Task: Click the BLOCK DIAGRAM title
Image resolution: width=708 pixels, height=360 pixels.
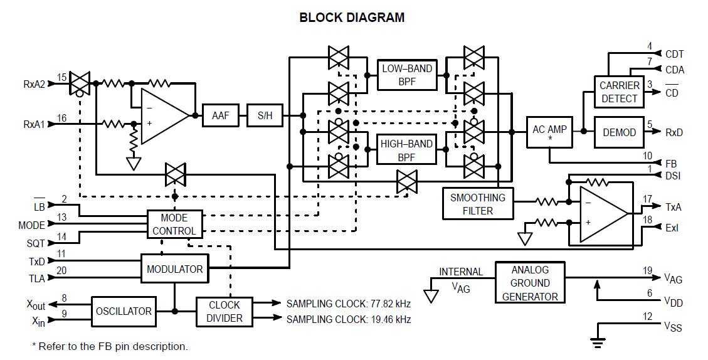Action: (352, 18)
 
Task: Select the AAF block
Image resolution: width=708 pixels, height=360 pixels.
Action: (220, 115)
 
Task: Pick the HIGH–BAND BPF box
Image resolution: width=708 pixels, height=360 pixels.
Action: (407, 151)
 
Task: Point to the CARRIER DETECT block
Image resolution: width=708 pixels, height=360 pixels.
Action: (619, 92)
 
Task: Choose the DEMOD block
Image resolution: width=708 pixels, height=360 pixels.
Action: (619, 132)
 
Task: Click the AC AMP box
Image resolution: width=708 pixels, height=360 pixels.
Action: (549, 132)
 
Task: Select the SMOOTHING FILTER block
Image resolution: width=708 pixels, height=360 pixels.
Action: (478, 204)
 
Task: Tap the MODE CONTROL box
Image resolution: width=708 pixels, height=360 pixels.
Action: (174, 224)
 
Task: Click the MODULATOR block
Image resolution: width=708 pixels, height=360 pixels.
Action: (174, 269)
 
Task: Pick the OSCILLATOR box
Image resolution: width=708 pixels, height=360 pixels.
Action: (124, 311)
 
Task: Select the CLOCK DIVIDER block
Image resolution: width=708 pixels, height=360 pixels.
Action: (224, 311)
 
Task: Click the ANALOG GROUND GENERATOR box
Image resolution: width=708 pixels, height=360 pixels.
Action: (529, 283)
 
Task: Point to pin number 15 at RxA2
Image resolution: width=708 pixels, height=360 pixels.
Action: (61, 78)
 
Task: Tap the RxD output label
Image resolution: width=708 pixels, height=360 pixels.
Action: (674, 132)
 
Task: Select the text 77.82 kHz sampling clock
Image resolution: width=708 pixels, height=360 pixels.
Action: (349, 303)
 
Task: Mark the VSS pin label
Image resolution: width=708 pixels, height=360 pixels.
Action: (673, 327)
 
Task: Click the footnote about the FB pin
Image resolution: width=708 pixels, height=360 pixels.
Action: (110, 346)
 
